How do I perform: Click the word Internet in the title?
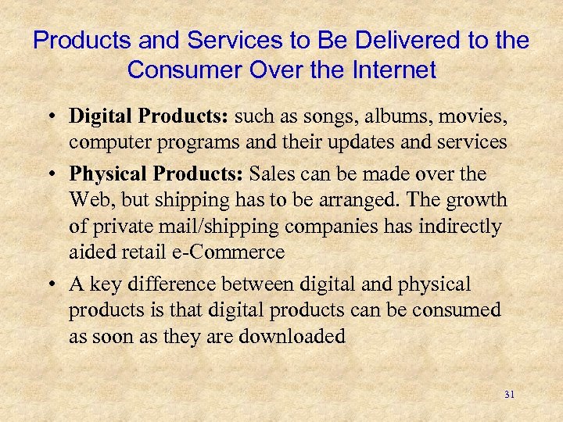[389, 70]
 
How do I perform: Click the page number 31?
[510, 395]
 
